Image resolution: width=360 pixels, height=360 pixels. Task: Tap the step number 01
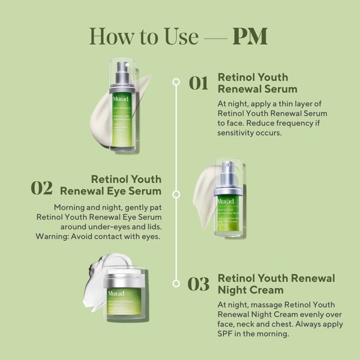199,83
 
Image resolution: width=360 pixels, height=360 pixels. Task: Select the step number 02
42,188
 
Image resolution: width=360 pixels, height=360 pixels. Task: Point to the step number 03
199,284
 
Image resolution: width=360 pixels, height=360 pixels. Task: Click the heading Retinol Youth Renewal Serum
253,83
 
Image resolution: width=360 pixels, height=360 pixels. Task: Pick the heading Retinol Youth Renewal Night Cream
277,284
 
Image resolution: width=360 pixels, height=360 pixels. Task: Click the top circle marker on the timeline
176,82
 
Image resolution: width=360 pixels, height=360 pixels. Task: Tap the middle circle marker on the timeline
176,194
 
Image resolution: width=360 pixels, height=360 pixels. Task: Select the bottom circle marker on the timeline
176,283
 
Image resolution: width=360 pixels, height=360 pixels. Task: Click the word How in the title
110,37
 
